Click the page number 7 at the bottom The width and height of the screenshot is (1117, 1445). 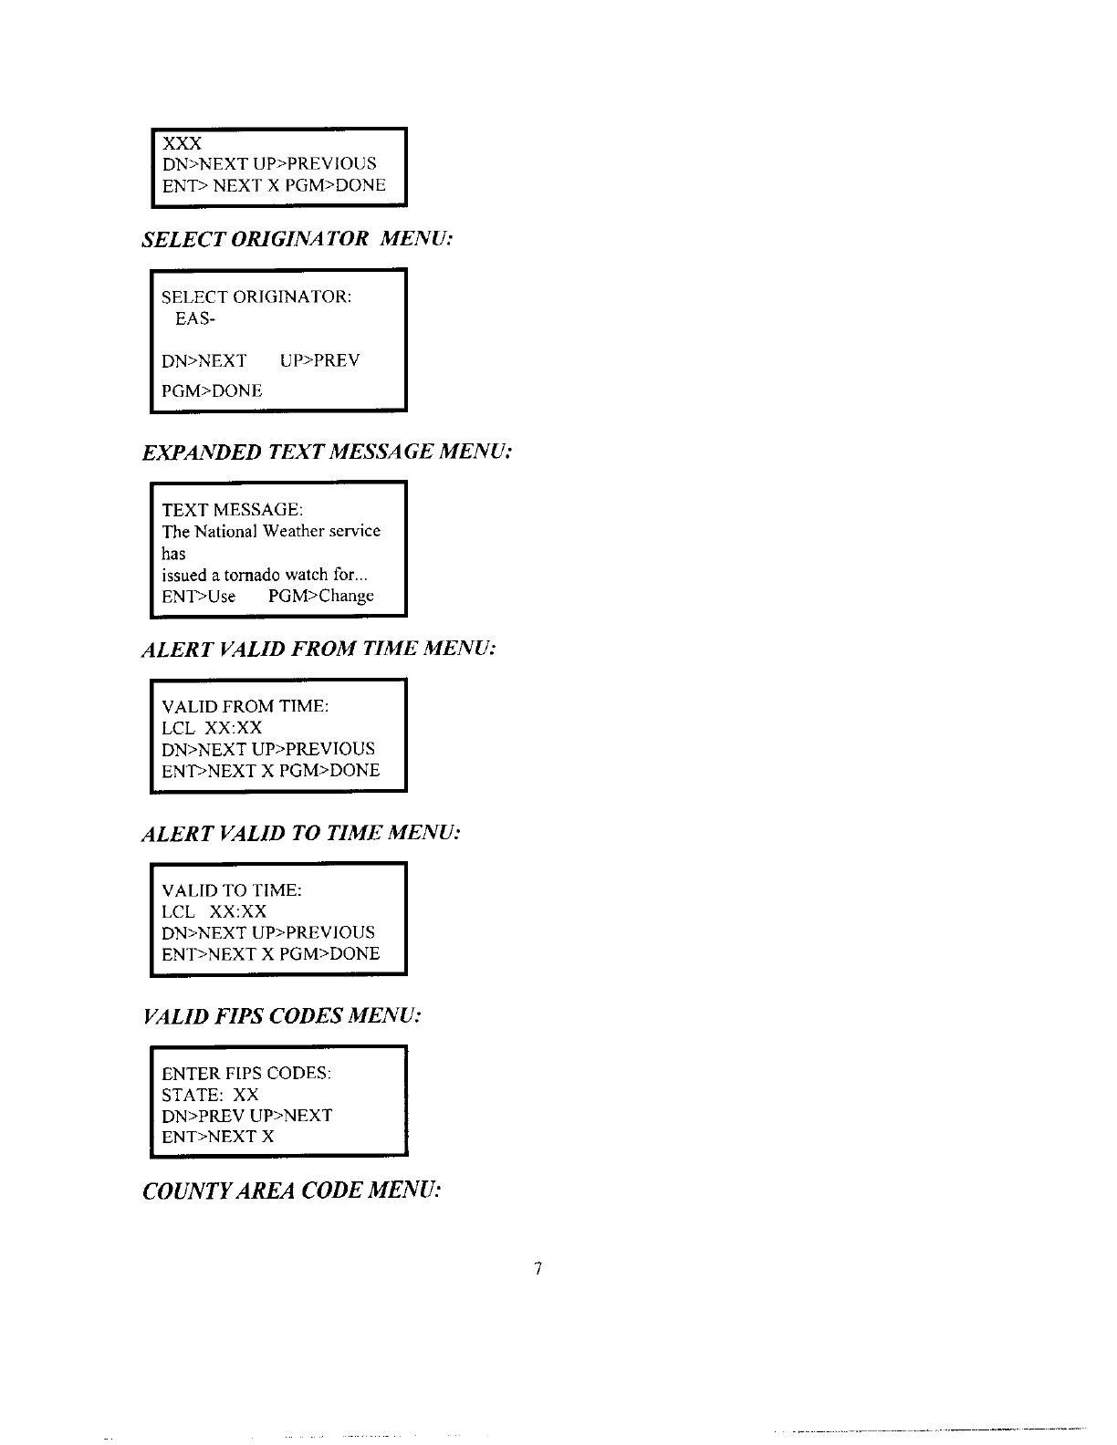pos(538,1268)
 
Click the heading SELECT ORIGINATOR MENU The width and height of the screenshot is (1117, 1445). pos(298,239)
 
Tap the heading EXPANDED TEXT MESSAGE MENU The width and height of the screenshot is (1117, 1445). pos(326,452)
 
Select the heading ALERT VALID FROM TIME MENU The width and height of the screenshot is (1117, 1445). pos(318,649)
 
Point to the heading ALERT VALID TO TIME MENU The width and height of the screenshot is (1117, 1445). pos(301,833)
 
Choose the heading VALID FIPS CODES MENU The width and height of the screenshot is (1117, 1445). pos(282,1015)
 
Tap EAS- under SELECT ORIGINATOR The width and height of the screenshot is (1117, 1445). pos(194,319)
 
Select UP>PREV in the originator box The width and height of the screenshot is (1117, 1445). pos(319,360)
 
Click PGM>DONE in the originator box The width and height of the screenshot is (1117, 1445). pos(212,391)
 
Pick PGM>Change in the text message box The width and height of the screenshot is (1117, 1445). pos(321,597)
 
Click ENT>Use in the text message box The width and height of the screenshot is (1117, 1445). pos(198,597)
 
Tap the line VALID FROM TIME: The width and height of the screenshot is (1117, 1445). pos(245,707)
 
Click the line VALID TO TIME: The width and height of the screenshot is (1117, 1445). pos(232,890)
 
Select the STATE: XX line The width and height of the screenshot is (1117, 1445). pos(210,1095)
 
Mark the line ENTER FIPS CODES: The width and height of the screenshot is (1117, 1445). pos(246,1073)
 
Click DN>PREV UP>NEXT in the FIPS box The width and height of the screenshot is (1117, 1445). pos(246,1116)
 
